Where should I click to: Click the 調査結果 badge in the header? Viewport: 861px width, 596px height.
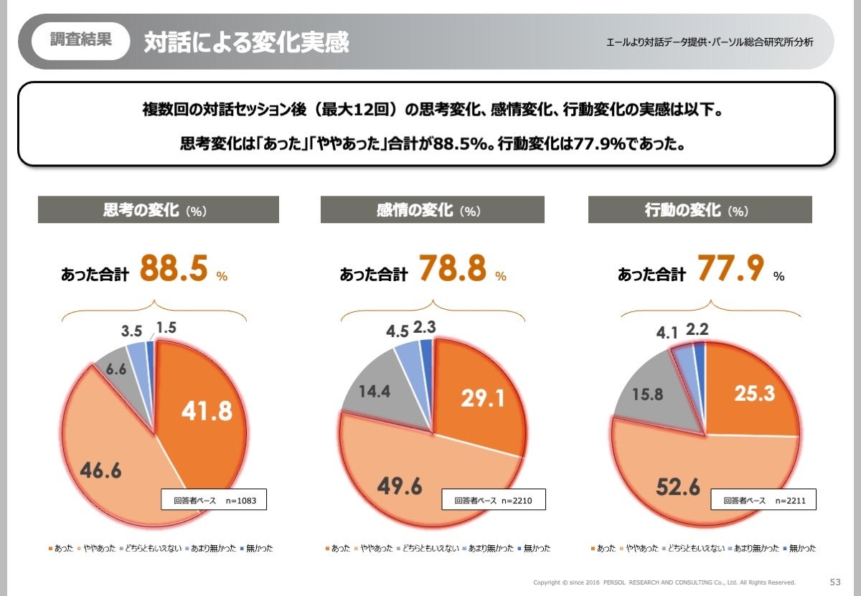pos(80,40)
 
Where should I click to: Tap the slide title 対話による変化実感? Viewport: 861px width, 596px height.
pos(246,42)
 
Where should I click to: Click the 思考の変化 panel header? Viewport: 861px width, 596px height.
pos(158,210)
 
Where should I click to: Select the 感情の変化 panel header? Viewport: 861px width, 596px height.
pos(432,210)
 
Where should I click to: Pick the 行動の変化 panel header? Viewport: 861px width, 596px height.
pos(700,210)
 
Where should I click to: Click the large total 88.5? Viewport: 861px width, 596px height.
pos(174,269)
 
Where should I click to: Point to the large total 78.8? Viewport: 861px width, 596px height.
pos(452,269)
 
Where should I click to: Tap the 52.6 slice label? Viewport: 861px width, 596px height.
pos(677,486)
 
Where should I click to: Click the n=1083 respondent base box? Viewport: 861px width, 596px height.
pos(213,499)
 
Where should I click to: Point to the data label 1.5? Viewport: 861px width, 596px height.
pos(165,328)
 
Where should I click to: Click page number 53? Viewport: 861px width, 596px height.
pos(834,582)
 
